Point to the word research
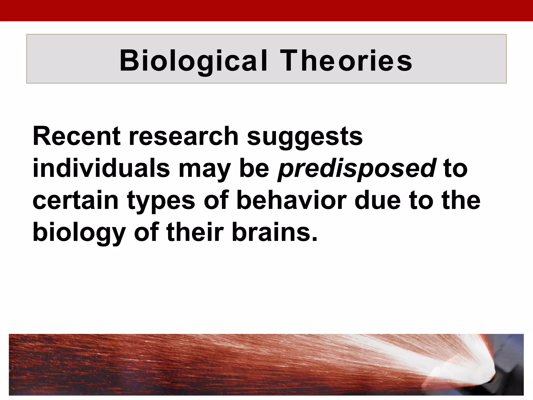pos(183,136)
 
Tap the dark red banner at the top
pos(266,10)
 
